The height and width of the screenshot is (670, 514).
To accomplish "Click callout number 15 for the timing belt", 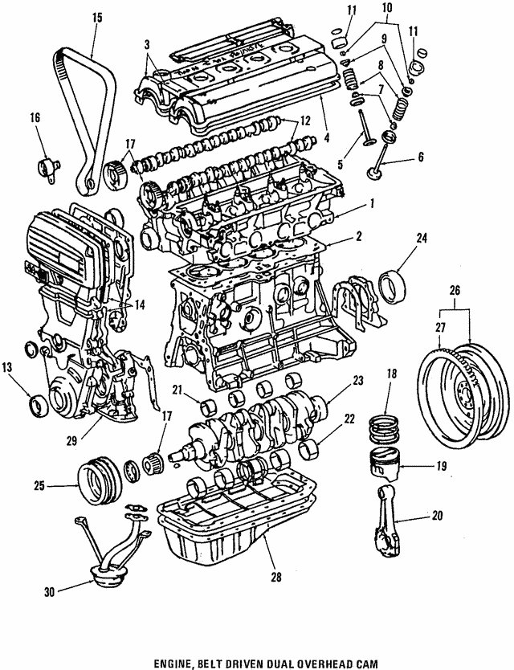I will pyautogui.click(x=97, y=17).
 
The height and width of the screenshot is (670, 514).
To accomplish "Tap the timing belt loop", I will pyautogui.click(x=68, y=72).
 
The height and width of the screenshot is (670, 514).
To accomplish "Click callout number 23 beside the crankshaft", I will pyautogui.click(x=358, y=379).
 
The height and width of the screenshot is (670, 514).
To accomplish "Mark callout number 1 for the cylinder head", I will pyautogui.click(x=372, y=203).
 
